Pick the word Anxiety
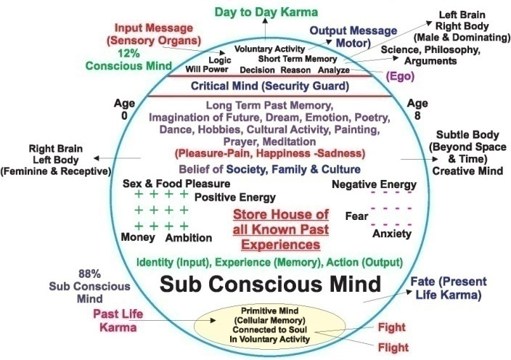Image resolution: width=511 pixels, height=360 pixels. click(392, 234)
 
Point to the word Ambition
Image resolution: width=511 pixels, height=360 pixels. click(188, 237)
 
